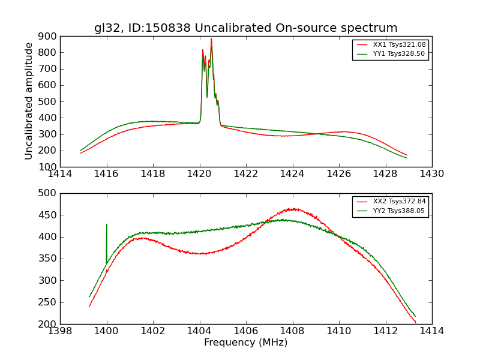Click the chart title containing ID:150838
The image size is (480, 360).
coord(245,28)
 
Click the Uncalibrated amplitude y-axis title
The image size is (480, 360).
coord(29,101)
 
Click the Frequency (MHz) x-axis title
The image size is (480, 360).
coord(245,343)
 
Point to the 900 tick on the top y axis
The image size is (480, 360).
coord(48,36)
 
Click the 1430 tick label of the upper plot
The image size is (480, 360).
coord(431,174)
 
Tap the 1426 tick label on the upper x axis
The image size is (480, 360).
coord(338,174)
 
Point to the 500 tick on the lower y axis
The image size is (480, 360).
coord(48,193)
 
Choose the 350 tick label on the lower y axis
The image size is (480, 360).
coord(48,259)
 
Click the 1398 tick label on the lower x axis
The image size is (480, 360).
coord(60,331)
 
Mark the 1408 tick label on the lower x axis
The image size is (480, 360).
coord(292,331)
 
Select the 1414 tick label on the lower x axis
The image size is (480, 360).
coord(431,331)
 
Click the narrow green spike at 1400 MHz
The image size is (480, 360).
coord(107,225)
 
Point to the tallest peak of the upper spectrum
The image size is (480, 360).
coord(211,40)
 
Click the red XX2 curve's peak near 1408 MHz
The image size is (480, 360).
coord(293,209)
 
